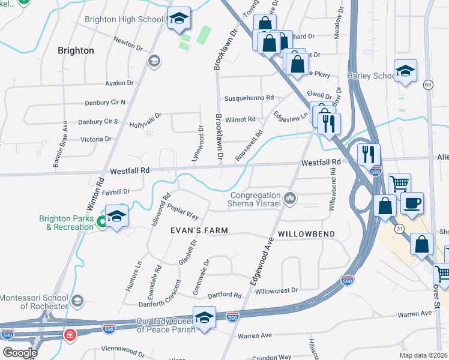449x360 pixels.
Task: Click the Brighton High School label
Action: pyautogui.click(x=124, y=19)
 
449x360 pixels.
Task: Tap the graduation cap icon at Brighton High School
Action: pyautogui.click(x=178, y=19)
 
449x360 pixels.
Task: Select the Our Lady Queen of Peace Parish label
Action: pyautogui.click(x=157, y=326)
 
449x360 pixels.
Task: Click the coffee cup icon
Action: pyautogui.click(x=411, y=204)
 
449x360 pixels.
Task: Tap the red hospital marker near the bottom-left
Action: pyautogui.click(x=70, y=334)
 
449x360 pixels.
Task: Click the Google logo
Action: pyautogui.click(x=20, y=353)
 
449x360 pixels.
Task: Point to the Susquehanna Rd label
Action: pyautogui.click(x=249, y=98)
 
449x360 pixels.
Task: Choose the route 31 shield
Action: pyautogui.click(x=399, y=229)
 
